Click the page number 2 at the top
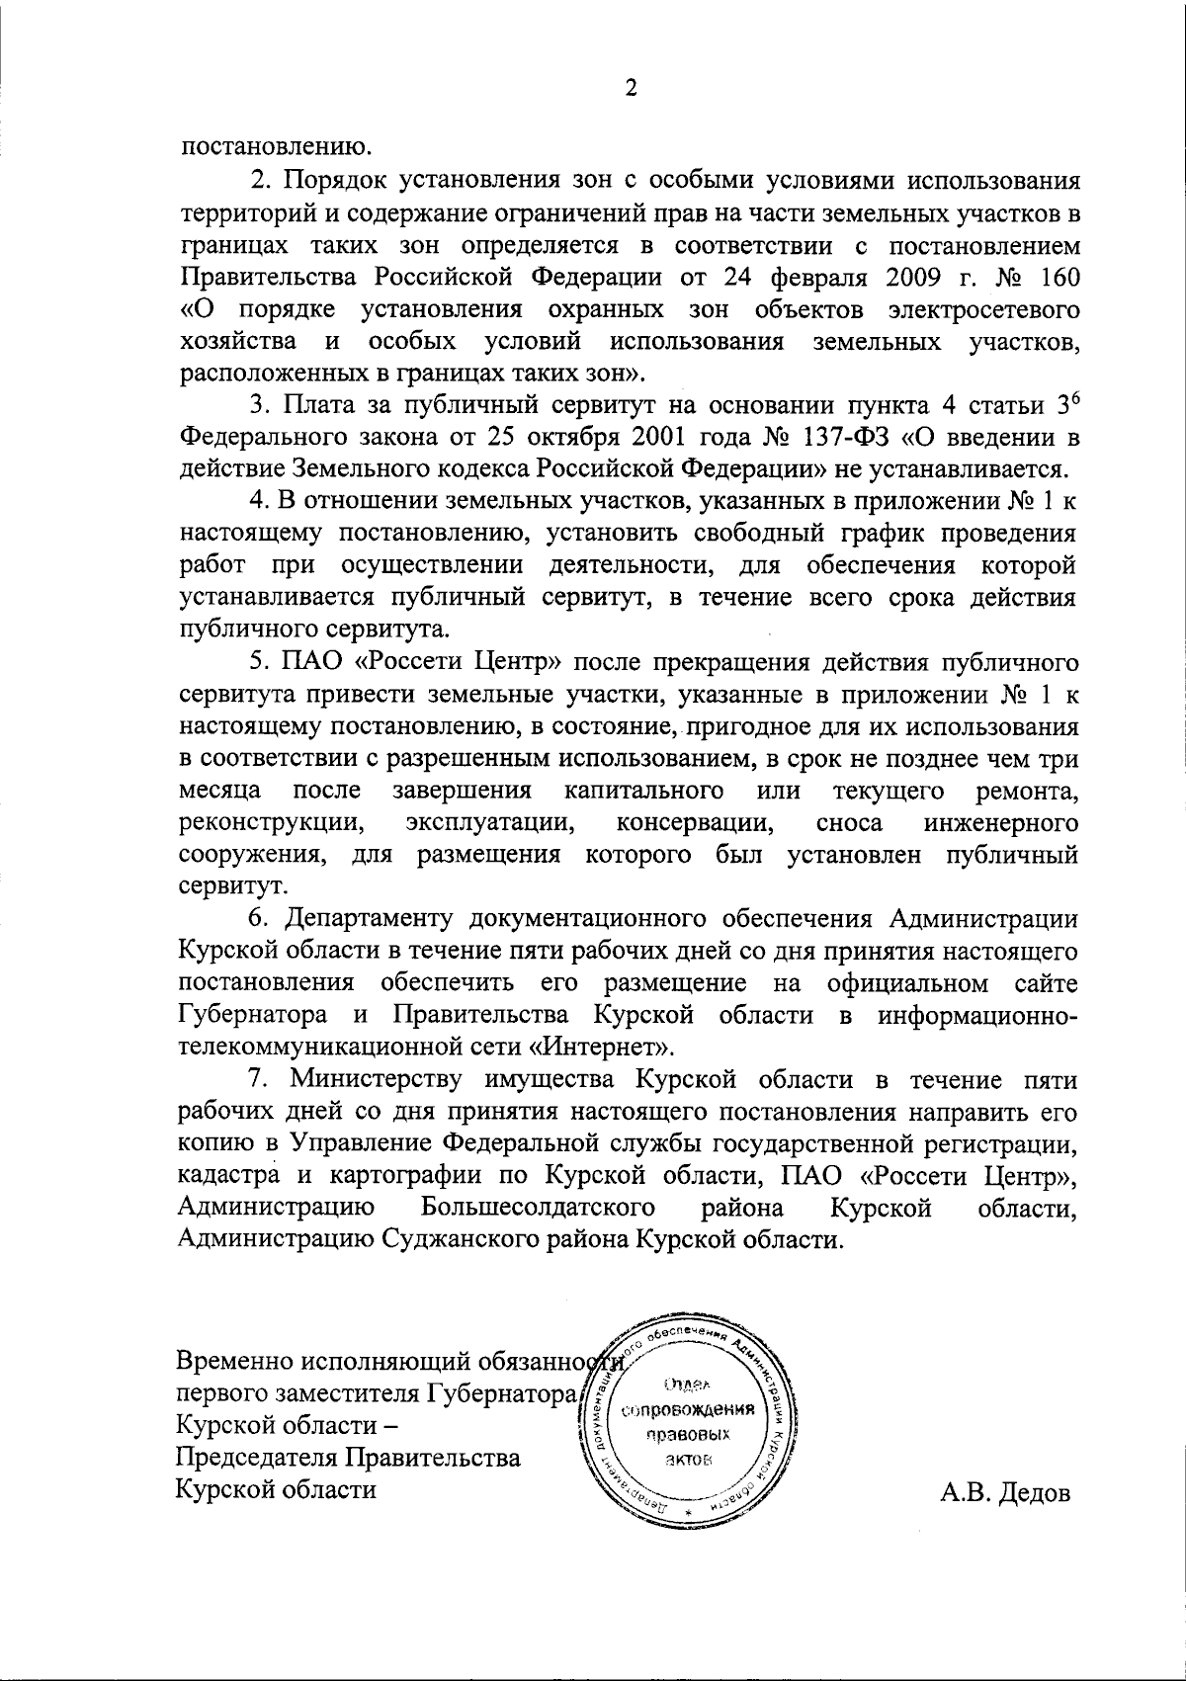pyautogui.click(x=631, y=89)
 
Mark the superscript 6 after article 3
pyautogui.click(x=1074, y=397)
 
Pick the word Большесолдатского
pyautogui.click(x=540, y=1209)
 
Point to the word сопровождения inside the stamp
pyautogui.click(x=690, y=1410)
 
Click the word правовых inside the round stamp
pyautogui.click(x=689, y=1434)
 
